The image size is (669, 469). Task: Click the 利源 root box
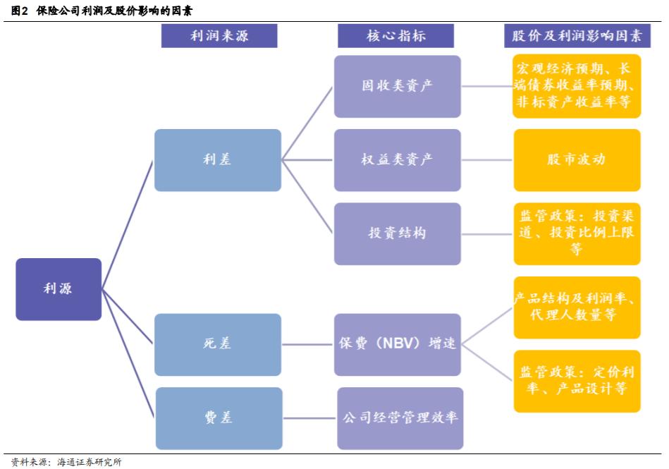pos(59,289)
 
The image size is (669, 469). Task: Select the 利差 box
pos(217,160)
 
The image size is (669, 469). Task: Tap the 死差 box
pos(217,344)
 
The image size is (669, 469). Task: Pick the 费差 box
pos(217,418)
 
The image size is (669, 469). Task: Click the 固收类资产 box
pos(398,86)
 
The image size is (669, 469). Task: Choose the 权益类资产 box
pos(398,160)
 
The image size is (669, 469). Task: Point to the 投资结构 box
pos(398,233)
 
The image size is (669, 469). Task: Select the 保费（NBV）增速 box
pos(398,344)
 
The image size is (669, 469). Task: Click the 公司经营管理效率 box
pos(400,418)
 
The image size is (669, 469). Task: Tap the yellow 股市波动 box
pos(577,160)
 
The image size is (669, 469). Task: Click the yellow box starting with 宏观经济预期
pos(577,86)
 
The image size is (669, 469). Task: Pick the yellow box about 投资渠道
pos(577,233)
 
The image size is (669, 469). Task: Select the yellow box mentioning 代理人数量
pos(577,307)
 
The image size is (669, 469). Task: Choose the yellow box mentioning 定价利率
pos(577,381)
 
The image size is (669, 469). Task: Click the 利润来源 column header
pos(219,36)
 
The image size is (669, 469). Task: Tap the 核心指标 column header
pos(396,36)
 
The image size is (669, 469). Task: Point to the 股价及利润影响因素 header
pos(577,36)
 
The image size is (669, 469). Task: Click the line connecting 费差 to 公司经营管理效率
pos(309,418)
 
